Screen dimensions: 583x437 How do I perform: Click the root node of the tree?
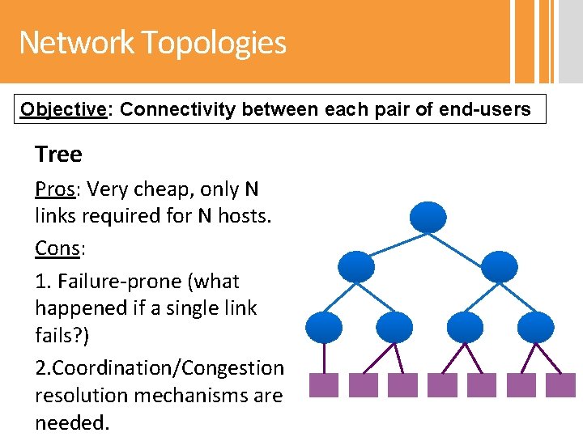pos(428,216)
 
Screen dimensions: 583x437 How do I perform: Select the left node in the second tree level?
pos(355,265)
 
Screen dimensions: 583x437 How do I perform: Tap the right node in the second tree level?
pos(499,265)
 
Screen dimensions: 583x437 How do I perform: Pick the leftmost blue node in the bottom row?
pos(323,327)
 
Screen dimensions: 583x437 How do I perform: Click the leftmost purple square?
pos(323,384)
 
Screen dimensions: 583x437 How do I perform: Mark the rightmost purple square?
pos(560,384)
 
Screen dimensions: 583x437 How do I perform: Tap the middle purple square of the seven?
pos(442,384)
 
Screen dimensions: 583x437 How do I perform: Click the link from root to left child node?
pos(390,240)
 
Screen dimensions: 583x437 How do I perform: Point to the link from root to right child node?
pos(464,240)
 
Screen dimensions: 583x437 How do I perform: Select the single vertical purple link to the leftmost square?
pos(323,356)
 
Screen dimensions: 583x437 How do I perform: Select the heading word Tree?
pos(58,154)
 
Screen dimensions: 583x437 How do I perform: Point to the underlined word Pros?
pos(55,189)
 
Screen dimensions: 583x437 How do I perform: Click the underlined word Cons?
pos(57,248)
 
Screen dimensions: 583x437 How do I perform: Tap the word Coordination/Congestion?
pos(160,367)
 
